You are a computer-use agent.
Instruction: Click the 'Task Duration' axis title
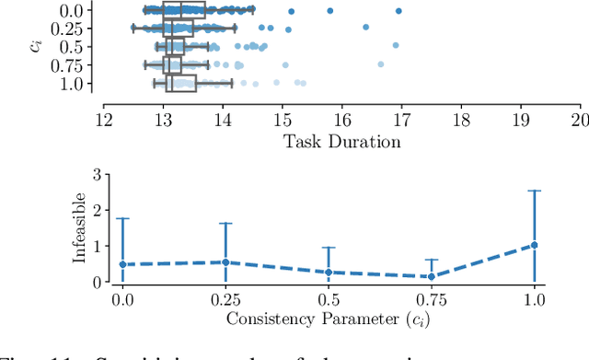point(341,141)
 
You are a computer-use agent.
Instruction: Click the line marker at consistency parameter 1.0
point(535,245)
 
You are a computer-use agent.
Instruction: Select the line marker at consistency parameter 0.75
point(432,276)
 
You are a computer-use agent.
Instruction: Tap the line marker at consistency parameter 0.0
point(122,264)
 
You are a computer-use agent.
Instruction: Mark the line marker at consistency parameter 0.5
point(329,273)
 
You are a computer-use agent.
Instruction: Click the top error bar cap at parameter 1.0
point(535,191)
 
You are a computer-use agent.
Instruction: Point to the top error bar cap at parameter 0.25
point(225,223)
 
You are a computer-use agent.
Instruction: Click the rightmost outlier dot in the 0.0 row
point(398,11)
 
